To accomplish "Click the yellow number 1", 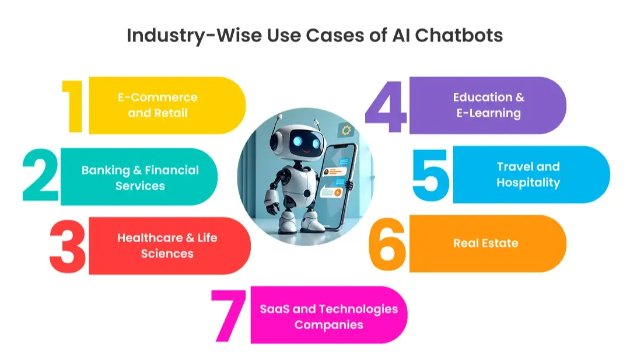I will (74, 106).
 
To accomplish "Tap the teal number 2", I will (41, 176).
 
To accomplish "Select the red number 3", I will (68, 246).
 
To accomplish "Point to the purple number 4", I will (386, 106).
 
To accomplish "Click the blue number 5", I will (431, 174).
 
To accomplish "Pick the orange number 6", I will (387, 244).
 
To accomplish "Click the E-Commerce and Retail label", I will (157, 105).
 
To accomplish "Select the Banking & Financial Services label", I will (140, 178).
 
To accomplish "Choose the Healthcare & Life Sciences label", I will (167, 246).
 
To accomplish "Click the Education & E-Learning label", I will (489, 105).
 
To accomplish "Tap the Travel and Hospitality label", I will (528, 174).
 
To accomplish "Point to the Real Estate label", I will (485, 243).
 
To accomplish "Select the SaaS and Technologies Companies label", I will (328, 316).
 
